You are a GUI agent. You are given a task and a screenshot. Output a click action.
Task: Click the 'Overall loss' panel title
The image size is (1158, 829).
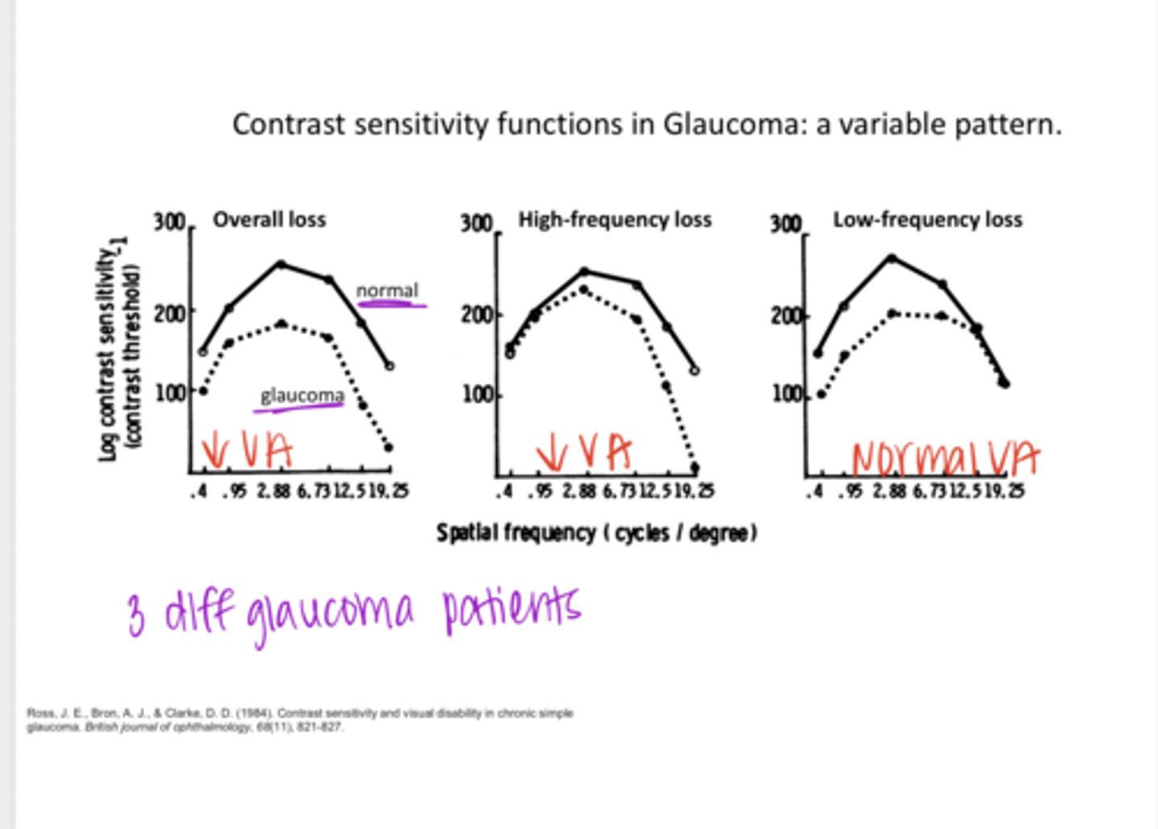click(269, 220)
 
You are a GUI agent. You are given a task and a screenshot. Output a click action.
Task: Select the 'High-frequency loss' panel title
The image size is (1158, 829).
click(614, 220)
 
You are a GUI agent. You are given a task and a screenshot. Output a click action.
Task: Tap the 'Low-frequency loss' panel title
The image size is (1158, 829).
click(927, 220)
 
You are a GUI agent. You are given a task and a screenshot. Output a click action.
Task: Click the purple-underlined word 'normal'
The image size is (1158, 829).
click(388, 290)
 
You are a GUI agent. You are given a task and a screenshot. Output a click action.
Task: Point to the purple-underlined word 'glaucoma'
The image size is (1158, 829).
click(302, 396)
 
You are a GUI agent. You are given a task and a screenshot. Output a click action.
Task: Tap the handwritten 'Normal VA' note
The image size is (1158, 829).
click(945, 458)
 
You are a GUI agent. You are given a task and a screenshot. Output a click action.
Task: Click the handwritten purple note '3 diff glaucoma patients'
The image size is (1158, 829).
click(354, 613)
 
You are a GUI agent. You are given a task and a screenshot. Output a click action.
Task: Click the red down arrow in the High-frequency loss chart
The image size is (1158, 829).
click(552, 453)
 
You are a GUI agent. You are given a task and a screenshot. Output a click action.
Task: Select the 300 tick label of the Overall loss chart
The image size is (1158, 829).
click(170, 221)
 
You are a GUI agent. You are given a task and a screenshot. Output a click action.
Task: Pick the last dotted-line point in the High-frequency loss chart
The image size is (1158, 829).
click(695, 467)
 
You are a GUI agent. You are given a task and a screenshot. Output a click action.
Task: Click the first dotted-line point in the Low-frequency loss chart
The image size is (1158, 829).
click(821, 394)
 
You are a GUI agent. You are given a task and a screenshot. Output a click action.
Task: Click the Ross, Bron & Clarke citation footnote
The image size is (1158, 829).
click(300, 720)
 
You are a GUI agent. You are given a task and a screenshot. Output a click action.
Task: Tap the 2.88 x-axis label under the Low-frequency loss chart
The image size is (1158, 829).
click(889, 490)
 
